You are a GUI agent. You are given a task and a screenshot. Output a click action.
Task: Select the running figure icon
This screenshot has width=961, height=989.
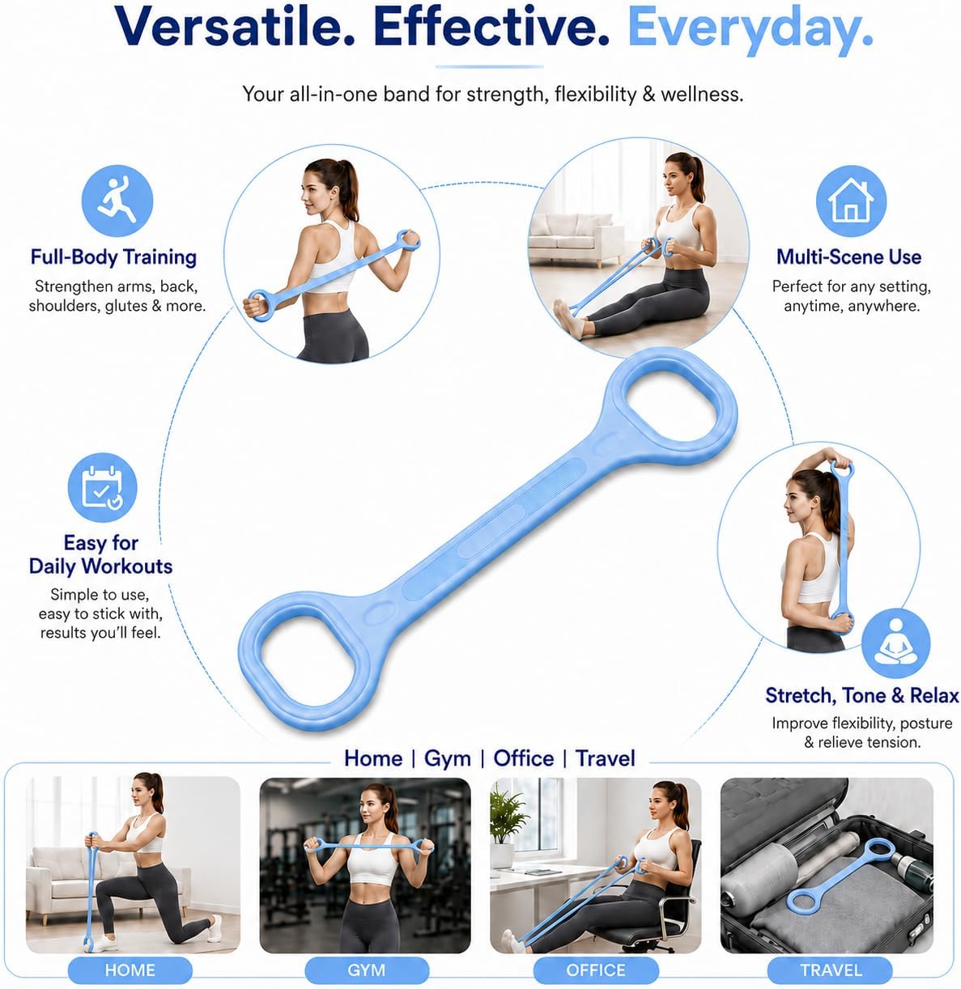[117, 201]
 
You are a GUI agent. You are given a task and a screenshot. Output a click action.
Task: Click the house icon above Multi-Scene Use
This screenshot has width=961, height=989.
[851, 201]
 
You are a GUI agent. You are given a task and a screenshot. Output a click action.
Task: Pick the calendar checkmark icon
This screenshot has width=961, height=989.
[102, 487]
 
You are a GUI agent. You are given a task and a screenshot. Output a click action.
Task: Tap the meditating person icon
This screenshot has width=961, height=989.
[895, 643]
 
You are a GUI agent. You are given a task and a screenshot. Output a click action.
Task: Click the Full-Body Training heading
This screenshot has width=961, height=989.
[113, 257]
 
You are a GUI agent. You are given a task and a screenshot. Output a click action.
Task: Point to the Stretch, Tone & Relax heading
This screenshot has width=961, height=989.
[862, 695]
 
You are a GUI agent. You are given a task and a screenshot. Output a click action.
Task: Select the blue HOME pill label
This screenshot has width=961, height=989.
[130, 970]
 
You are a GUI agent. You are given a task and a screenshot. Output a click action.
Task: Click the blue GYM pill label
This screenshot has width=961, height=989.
[366, 970]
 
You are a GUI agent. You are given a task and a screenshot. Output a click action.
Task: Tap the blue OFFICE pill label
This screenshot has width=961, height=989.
[595, 970]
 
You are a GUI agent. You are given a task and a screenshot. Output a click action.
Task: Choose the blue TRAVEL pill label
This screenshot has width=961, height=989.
[831, 970]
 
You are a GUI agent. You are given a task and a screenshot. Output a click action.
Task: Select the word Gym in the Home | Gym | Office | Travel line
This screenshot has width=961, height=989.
[448, 758]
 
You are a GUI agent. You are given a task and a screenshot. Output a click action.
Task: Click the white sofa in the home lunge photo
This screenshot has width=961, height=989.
[71, 879]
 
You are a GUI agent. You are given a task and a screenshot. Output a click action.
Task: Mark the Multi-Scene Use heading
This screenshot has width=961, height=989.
[848, 257]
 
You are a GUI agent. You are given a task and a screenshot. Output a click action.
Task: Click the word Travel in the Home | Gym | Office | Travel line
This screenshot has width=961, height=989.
[605, 758]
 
